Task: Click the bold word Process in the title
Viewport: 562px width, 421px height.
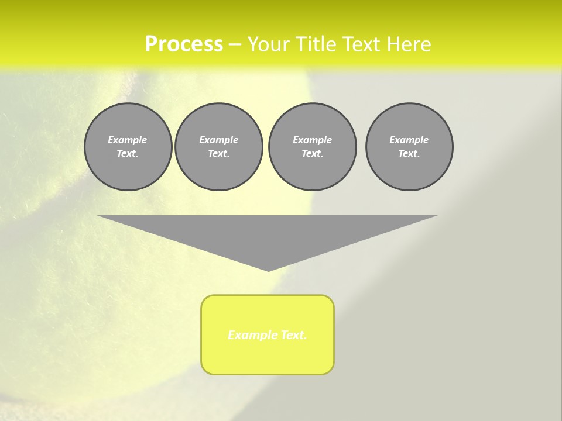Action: click(x=184, y=44)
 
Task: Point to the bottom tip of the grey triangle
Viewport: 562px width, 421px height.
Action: click(x=268, y=270)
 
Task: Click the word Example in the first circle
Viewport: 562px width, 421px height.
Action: click(x=128, y=140)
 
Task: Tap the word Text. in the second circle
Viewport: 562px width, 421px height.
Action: click(x=218, y=153)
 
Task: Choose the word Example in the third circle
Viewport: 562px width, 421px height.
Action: click(x=312, y=140)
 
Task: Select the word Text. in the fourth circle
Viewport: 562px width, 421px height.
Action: click(x=409, y=153)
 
